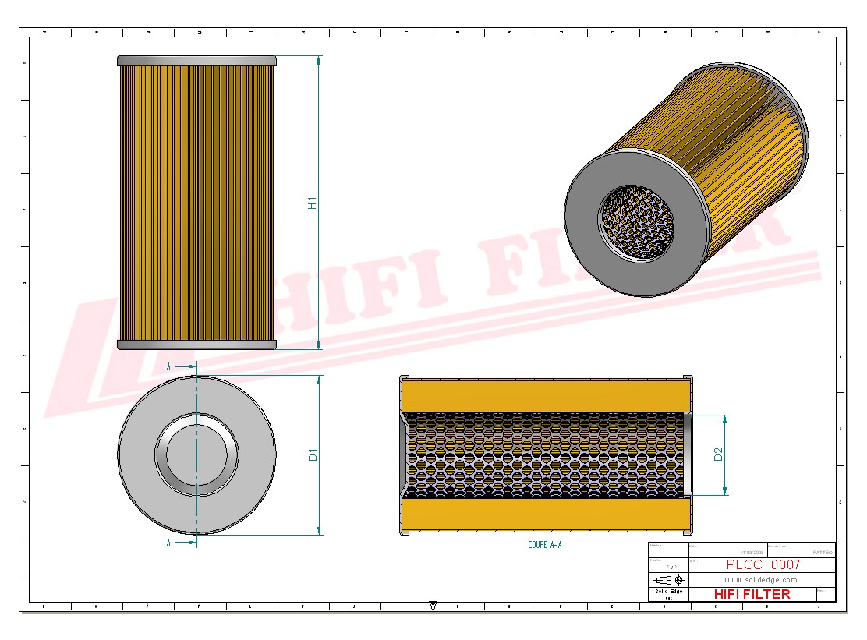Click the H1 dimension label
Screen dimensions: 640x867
[312, 203]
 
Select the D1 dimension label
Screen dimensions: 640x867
[312, 454]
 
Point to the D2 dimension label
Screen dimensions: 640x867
[718, 454]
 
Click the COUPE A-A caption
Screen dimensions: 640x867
[544, 545]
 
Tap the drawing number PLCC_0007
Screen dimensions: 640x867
[763, 564]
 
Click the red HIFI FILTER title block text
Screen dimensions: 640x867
[752, 594]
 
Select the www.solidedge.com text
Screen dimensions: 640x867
[760, 580]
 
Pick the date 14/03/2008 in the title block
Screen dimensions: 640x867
[752, 552]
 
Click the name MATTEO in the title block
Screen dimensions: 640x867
[822, 552]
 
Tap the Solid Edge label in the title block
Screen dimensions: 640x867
[667, 592]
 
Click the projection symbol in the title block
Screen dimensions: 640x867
[669, 580]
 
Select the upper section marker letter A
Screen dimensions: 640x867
[168, 365]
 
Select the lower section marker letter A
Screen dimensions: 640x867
[168, 542]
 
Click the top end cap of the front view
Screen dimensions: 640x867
[196, 61]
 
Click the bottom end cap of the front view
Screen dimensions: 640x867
[196, 345]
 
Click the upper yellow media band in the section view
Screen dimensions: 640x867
[546, 395]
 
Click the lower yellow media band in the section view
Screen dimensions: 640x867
[546, 514]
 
